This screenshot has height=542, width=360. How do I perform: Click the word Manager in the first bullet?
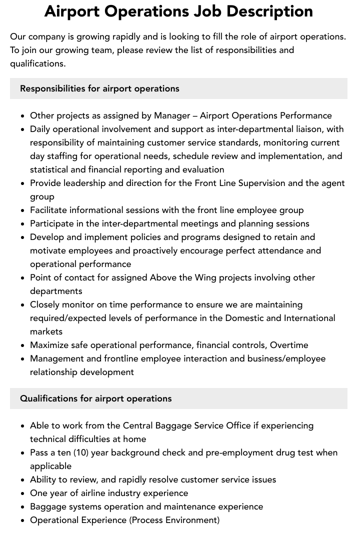coord(171,115)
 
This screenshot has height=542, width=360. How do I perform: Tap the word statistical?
coord(50,169)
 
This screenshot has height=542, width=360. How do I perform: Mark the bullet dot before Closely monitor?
coord(23,305)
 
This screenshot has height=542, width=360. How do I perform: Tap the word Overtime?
coord(289,345)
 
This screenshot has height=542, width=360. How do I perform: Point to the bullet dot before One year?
coord(23,493)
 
